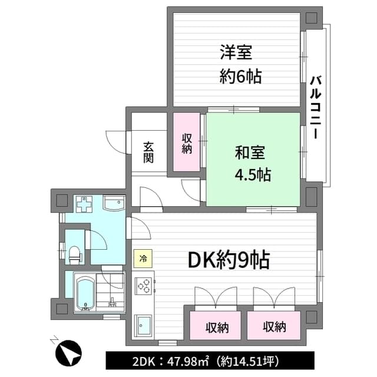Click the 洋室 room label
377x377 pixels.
coord(236,52)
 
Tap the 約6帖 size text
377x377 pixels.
coord(240,76)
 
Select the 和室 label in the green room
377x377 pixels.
coord(250,153)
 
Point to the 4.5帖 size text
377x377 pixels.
coord(253,174)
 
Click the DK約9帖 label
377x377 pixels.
coord(229,260)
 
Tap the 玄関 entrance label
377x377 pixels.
coord(148,153)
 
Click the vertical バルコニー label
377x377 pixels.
coord(315,107)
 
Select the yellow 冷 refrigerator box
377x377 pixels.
coord(143,259)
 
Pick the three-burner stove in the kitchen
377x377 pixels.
coord(143,286)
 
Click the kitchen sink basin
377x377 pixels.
coord(143,325)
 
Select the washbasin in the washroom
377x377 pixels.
coord(114,203)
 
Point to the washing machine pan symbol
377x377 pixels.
coord(84,204)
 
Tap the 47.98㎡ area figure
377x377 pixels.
coord(188,361)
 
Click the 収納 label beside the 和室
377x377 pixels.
coord(187,144)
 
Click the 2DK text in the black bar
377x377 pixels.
coord(144,361)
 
